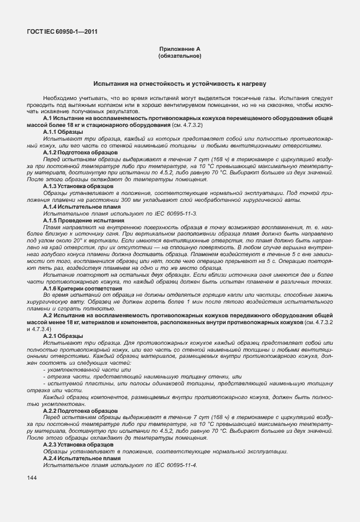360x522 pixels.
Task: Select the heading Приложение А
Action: [x=180, y=50]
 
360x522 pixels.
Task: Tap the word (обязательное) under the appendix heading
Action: [x=180, y=57]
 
